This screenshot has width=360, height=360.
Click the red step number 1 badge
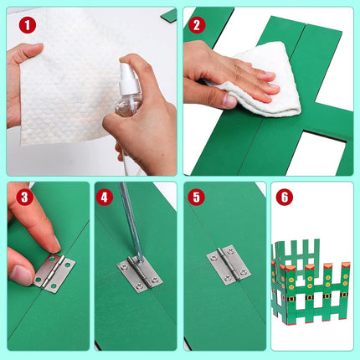pos(28,25)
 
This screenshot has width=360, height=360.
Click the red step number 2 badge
pos(197,25)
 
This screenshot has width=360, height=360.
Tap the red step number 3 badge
pos(24,197)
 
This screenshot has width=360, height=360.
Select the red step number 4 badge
pos(105,197)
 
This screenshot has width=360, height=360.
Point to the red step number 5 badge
pos(197,197)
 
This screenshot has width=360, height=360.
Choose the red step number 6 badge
pos(285,197)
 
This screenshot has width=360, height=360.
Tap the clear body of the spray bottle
pos(128,105)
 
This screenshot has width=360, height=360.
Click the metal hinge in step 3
pos(54,273)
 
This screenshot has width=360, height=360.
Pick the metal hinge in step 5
pos(229,265)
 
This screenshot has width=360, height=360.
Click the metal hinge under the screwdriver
pos(140,274)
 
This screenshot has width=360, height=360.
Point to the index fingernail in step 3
pos(57,244)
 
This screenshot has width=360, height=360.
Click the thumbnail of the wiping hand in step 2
pos(230,101)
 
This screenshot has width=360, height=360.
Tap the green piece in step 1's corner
pos(169,14)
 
